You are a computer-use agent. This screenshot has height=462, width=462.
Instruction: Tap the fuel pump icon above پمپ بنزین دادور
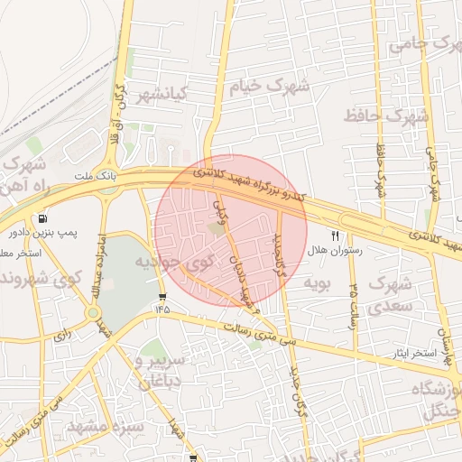tap(42, 218)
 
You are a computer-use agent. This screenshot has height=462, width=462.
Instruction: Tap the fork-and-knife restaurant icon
tap(336, 236)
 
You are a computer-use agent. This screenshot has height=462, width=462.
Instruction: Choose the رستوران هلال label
tap(335, 252)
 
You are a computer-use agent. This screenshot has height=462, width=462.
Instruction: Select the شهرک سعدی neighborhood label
tap(391, 295)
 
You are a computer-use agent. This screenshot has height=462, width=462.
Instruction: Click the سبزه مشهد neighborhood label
tap(101, 426)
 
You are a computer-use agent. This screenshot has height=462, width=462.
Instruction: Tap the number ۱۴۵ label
tap(162, 310)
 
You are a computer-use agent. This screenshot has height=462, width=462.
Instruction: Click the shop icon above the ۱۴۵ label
tap(162, 296)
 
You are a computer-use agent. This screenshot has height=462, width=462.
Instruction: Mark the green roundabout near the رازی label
tap(93, 313)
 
